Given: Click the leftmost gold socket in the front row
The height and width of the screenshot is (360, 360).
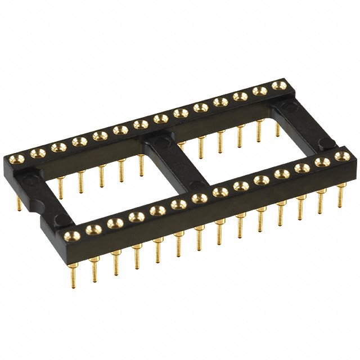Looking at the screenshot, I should (71, 235).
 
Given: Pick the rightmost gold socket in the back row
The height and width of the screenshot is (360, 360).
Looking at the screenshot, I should (277, 85).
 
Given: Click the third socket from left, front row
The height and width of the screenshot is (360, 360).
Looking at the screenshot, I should (115, 223).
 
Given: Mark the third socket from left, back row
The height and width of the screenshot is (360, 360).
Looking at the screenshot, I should (57, 147).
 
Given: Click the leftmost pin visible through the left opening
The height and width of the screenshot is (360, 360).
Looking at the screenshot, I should (60, 186).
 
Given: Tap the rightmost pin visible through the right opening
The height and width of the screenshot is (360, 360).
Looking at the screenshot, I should (277, 130).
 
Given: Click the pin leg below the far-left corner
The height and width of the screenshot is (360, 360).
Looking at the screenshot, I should (19, 204).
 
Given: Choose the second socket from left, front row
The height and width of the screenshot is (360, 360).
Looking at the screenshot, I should (93, 229).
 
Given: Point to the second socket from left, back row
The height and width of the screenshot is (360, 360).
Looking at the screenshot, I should (38, 152).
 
